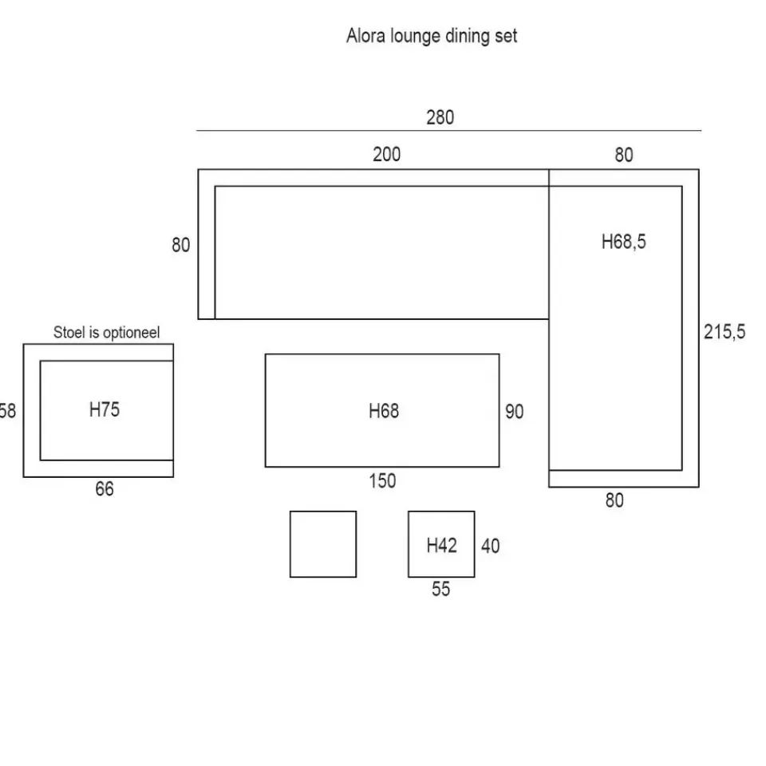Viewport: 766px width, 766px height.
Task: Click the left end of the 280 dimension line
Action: (196, 130)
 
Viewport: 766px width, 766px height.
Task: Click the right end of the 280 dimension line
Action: (701, 130)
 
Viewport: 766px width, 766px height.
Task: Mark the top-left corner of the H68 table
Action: (265, 354)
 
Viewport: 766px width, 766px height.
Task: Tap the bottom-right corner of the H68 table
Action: (499, 467)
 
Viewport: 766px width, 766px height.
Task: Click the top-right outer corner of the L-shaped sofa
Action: (699, 169)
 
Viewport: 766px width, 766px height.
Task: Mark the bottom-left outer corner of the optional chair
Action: (23, 477)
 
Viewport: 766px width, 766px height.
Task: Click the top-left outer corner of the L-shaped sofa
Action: (198, 169)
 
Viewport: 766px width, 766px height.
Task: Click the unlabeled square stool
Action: (323, 544)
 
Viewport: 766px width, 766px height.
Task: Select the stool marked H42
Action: (441, 544)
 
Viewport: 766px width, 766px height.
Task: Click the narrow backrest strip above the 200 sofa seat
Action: (373, 178)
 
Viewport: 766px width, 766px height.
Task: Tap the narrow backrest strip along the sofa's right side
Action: (691, 328)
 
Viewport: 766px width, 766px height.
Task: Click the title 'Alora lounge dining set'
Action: (432, 36)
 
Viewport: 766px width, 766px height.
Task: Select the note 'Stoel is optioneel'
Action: (106, 333)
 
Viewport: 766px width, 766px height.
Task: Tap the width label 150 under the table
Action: (382, 481)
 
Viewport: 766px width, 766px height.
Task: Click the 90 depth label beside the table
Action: (515, 412)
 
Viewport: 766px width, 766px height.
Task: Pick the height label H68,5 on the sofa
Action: (624, 242)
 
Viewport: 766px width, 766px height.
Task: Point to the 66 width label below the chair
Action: (105, 489)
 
